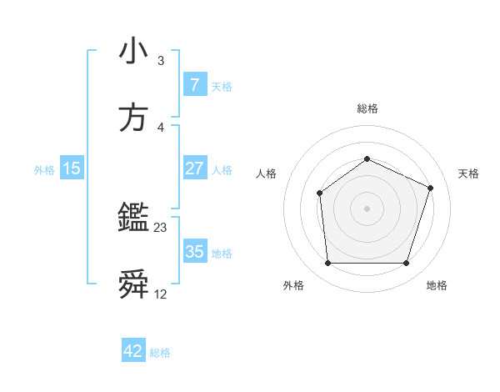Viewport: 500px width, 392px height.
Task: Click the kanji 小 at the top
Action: pos(134,51)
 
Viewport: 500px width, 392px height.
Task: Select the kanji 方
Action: pos(134,117)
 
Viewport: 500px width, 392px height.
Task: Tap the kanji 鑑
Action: pos(134,219)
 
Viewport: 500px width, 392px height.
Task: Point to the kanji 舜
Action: pos(134,286)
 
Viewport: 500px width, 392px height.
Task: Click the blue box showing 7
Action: pos(194,85)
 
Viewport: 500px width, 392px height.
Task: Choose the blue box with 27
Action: pos(194,168)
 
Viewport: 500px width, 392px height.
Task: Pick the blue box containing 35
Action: pos(194,252)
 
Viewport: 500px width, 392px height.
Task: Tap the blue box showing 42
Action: pos(133,352)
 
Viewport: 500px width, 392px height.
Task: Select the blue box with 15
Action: pos(72,168)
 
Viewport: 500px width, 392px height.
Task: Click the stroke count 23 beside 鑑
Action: pos(162,227)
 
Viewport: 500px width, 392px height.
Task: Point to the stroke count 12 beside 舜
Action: pos(162,294)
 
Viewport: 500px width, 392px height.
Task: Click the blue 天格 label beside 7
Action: pos(222,86)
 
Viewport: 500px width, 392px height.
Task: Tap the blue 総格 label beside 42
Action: pos(160,353)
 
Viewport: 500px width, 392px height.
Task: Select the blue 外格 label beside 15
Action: pos(44,169)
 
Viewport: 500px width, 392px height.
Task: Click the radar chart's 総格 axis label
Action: pos(367,108)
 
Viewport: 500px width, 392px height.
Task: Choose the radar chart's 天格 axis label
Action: pos(469,173)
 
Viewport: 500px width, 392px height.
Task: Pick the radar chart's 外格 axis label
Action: pos(293,285)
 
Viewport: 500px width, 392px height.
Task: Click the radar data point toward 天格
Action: pos(431,188)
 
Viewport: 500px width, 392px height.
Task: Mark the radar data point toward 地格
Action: pos(406,264)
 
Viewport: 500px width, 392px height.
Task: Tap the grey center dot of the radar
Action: pos(367,209)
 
